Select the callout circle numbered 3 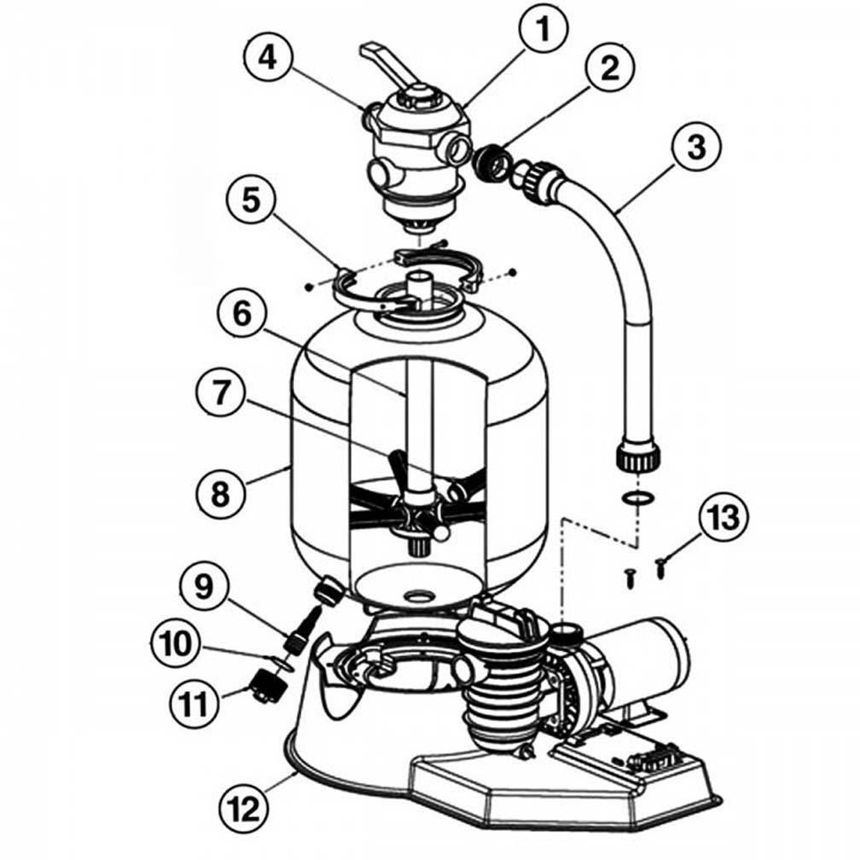pyautogui.click(x=697, y=147)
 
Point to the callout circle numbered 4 pyautogui.click(x=268, y=58)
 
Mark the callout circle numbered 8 pyautogui.click(x=220, y=491)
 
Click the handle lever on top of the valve pyautogui.click(x=389, y=61)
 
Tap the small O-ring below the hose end pyautogui.click(x=636, y=497)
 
